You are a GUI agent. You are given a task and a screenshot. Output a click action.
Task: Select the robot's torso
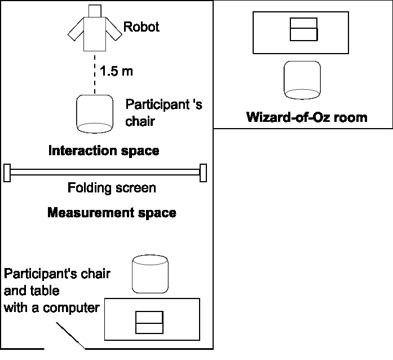pos(94,33)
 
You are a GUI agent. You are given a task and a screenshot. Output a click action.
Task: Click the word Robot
pos(142,27)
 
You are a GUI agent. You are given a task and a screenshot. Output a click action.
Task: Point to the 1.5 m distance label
pos(117,71)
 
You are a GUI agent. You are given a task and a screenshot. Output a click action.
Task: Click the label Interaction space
pos(104,151)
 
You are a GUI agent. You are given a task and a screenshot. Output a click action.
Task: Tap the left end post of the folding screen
pos(7,173)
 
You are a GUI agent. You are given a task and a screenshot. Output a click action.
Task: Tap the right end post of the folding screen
pos(203,173)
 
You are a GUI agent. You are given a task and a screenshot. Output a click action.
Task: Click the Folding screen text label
pos(112,188)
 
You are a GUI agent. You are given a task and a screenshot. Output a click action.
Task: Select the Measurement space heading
pos(112,213)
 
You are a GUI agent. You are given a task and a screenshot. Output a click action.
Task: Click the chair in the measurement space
pos(151,274)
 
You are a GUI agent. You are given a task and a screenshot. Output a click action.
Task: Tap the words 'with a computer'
pos(52,308)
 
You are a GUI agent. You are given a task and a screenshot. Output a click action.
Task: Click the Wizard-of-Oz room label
pos(307,117)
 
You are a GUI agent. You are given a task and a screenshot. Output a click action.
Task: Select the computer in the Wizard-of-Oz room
pos(303,29)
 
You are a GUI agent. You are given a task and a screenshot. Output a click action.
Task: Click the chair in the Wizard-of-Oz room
pos(303,78)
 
